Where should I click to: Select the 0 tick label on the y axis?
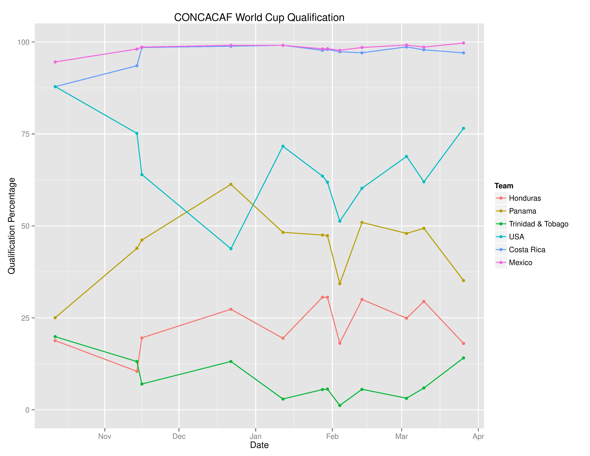pyautogui.click(x=27, y=410)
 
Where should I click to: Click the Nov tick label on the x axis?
pyautogui.click(x=105, y=436)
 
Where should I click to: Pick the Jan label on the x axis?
pyautogui.click(x=255, y=436)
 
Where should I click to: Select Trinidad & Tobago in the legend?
pyautogui.click(x=538, y=224)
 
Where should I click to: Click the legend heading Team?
pyautogui.click(x=504, y=186)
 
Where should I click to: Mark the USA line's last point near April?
pyautogui.click(x=463, y=128)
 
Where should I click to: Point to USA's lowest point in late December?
pyautogui.click(x=231, y=249)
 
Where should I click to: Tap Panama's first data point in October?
pyautogui.click(x=55, y=318)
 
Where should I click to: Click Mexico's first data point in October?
pyautogui.click(x=55, y=62)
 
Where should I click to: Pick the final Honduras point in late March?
pyautogui.click(x=463, y=343)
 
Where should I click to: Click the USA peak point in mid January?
pyautogui.click(x=283, y=146)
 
